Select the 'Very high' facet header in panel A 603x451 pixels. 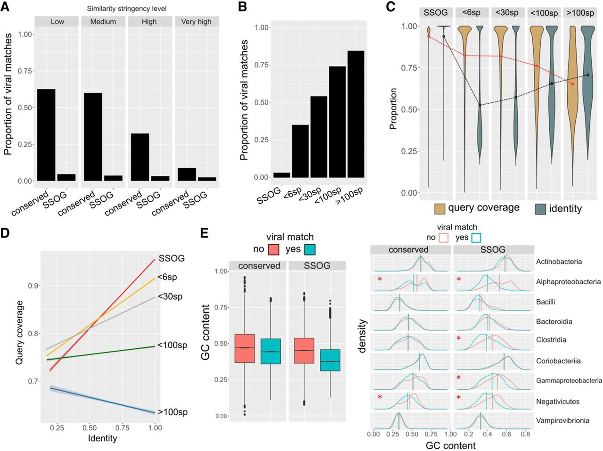click(x=196, y=22)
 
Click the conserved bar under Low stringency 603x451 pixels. click(x=46, y=135)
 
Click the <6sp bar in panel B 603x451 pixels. click(x=300, y=151)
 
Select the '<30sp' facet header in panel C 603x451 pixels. click(x=507, y=13)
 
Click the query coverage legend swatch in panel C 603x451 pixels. click(x=440, y=209)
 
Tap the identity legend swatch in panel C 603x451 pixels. click(x=540, y=209)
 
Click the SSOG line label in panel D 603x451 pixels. click(x=171, y=258)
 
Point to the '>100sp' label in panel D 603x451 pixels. click(x=172, y=412)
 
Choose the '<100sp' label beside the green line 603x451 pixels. click(x=172, y=345)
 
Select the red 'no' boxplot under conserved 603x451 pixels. click(x=244, y=348)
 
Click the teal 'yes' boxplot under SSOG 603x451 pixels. click(x=330, y=360)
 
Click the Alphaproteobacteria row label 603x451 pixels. click(x=568, y=282)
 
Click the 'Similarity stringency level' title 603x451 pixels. click(x=127, y=8)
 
